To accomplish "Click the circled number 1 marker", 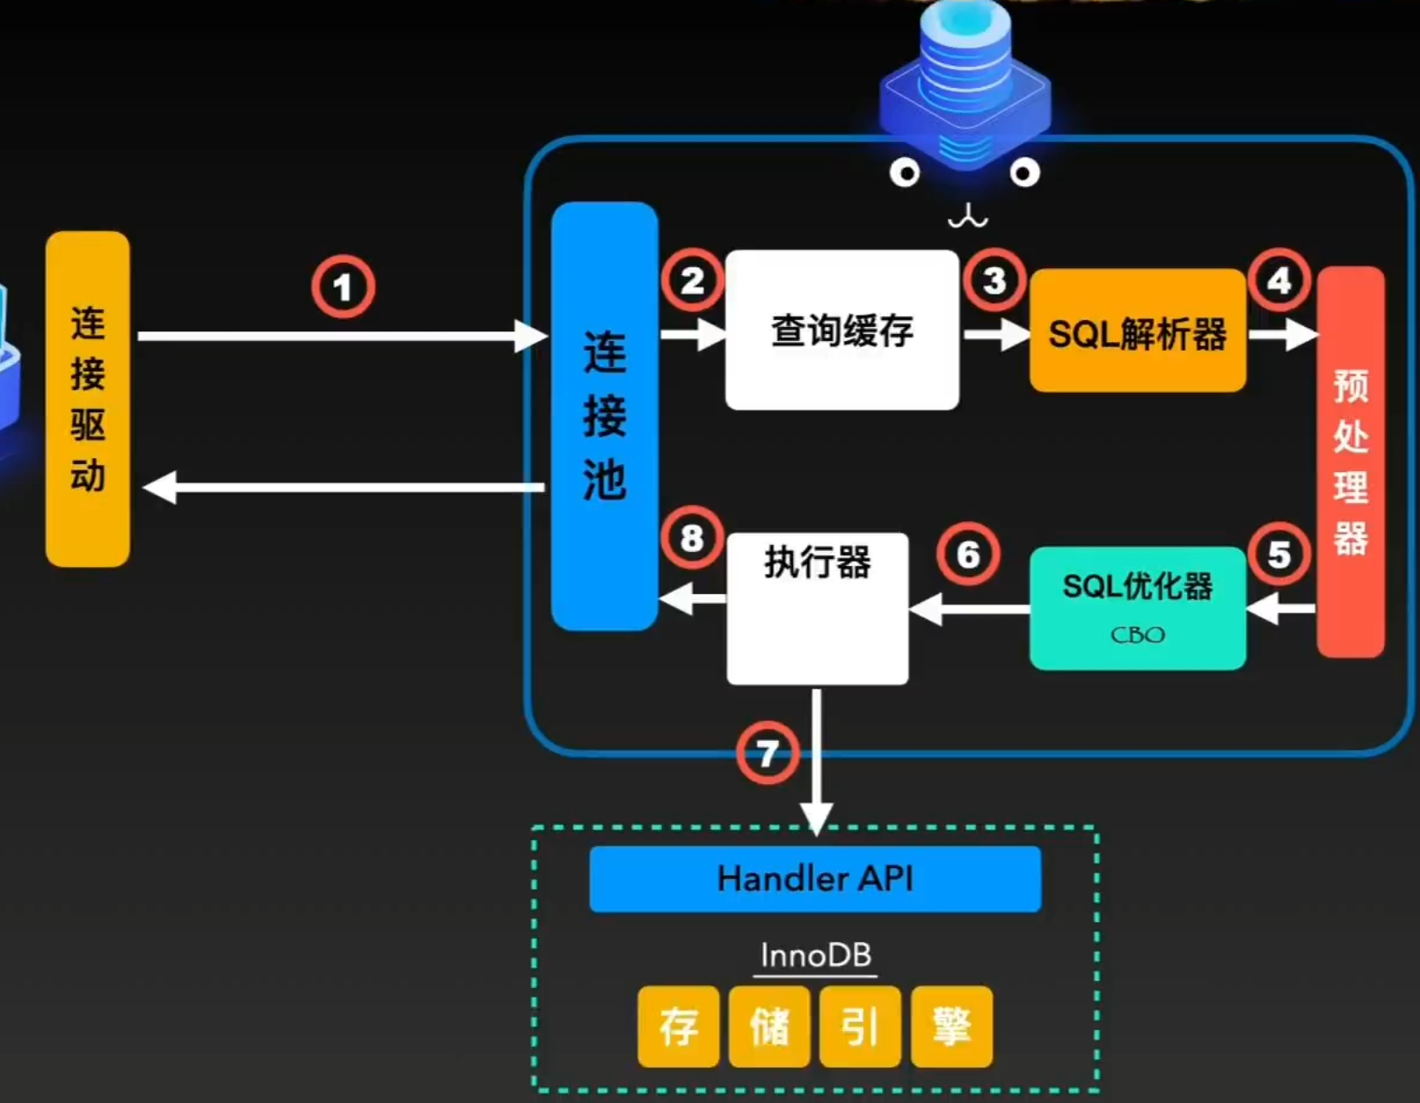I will [x=343, y=287].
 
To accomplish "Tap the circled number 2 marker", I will [x=692, y=280].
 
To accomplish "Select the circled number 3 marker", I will [x=994, y=280].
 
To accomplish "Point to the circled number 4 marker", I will [x=1279, y=280].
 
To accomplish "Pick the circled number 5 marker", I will [x=1279, y=555].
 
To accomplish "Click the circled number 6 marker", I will [x=968, y=555].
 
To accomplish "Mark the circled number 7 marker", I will [x=768, y=753].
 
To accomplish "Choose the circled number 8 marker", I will [x=692, y=537].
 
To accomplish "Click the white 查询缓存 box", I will [x=841, y=330].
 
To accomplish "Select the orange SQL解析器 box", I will [x=1137, y=331].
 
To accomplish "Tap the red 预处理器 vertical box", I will [x=1351, y=462].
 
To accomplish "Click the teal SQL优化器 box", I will [x=1137, y=607].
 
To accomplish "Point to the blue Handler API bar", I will [x=815, y=879].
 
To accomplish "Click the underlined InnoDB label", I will [x=815, y=955].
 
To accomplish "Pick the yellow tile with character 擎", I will [x=951, y=1027].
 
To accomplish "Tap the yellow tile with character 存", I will [x=678, y=1027].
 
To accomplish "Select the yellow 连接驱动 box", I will [x=88, y=399].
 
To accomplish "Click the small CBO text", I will [x=1137, y=635].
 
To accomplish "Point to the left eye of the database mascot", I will [x=904, y=172].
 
